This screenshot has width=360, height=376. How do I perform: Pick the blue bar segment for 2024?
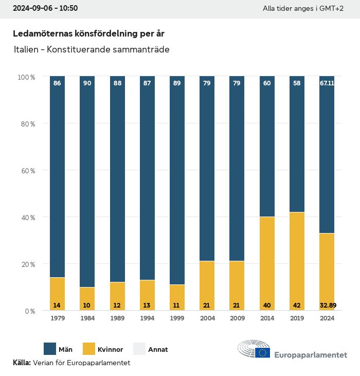coord(327,154)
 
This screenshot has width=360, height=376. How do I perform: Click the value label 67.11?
coord(327,83)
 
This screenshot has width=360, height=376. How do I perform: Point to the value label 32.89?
coord(327,305)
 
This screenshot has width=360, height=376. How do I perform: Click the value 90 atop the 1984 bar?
coord(87,83)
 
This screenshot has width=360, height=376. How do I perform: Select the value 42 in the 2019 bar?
coord(297,305)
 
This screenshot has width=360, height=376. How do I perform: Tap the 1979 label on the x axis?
coord(57,318)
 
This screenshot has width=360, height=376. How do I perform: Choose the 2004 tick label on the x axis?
coord(207,318)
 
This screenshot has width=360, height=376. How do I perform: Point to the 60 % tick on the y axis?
coord(26,170)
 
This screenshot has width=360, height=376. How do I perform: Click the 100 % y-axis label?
coord(26,77)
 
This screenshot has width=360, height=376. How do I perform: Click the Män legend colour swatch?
coord(50,349)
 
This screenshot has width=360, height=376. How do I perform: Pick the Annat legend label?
coord(158,350)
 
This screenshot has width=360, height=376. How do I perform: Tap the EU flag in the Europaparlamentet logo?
coord(263,353)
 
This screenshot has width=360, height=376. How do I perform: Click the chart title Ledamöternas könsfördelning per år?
coord(88,33)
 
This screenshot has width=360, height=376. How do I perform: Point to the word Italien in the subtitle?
coord(26,50)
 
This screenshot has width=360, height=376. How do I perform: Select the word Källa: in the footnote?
coord(22,363)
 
